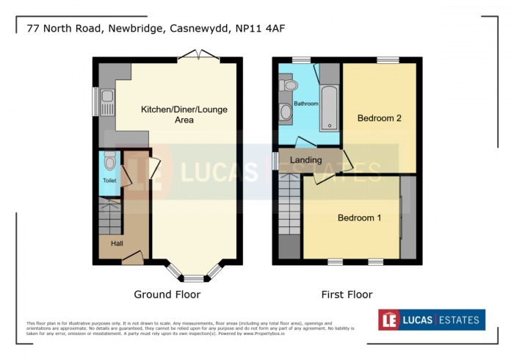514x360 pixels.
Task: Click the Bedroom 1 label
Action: tap(359, 218)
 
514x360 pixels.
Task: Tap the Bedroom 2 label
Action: tap(379, 118)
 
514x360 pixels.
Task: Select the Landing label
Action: tap(306, 160)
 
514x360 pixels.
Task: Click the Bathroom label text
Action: tap(306, 104)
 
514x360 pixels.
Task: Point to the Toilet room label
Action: tap(109, 180)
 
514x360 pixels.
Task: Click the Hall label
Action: tap(117, 243)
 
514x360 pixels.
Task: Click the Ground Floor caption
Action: tap(167, 295)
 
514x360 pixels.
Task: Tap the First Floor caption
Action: tap(347, 295)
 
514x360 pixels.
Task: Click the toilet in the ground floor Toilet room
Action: tap(110, 162)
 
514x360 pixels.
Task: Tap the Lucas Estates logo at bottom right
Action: tap(431, 320)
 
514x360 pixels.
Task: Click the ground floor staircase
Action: tap(109, 217)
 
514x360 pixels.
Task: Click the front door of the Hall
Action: tap(132, 257)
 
